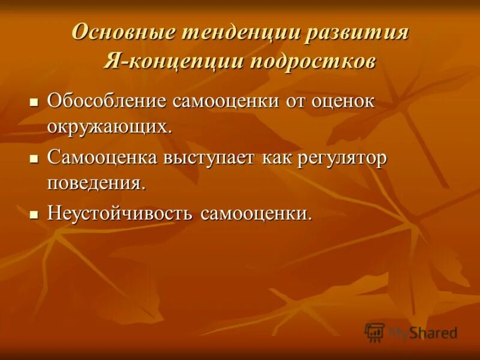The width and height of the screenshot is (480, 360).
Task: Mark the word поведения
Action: tap(96, 183)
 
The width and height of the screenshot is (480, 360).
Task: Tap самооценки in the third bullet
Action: tap(256, 214)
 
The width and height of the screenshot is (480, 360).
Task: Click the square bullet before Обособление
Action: tap(34, 100)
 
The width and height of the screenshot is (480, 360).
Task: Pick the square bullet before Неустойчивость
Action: tap(34, 214)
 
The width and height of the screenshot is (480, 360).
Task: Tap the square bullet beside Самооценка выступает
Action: tap(34, 158)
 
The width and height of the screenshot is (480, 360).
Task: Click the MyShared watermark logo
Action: tap(411, 332)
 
